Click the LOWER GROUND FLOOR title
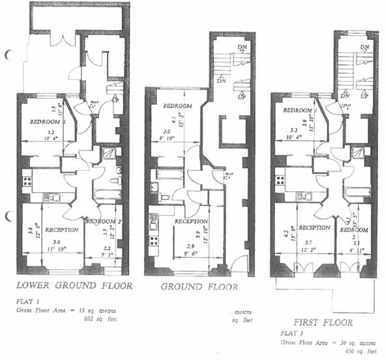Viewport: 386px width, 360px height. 74,285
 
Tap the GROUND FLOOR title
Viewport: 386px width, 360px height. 200,286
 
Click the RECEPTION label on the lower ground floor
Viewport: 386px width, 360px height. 63,230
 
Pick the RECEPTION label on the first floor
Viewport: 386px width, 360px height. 315,228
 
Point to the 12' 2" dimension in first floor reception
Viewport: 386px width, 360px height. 308,250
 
